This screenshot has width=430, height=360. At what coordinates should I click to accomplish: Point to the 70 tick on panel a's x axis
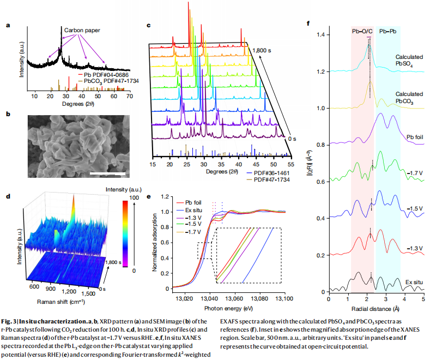(130, 97)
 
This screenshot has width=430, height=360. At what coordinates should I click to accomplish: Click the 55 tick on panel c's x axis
(291, 164)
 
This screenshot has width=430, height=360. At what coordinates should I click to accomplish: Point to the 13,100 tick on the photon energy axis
(284, 299)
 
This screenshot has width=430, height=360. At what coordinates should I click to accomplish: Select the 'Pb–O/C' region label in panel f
(362, 32)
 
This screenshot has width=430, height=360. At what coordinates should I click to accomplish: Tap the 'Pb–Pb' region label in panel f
(389, 32)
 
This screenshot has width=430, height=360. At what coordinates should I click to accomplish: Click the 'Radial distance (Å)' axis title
(376, 308)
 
